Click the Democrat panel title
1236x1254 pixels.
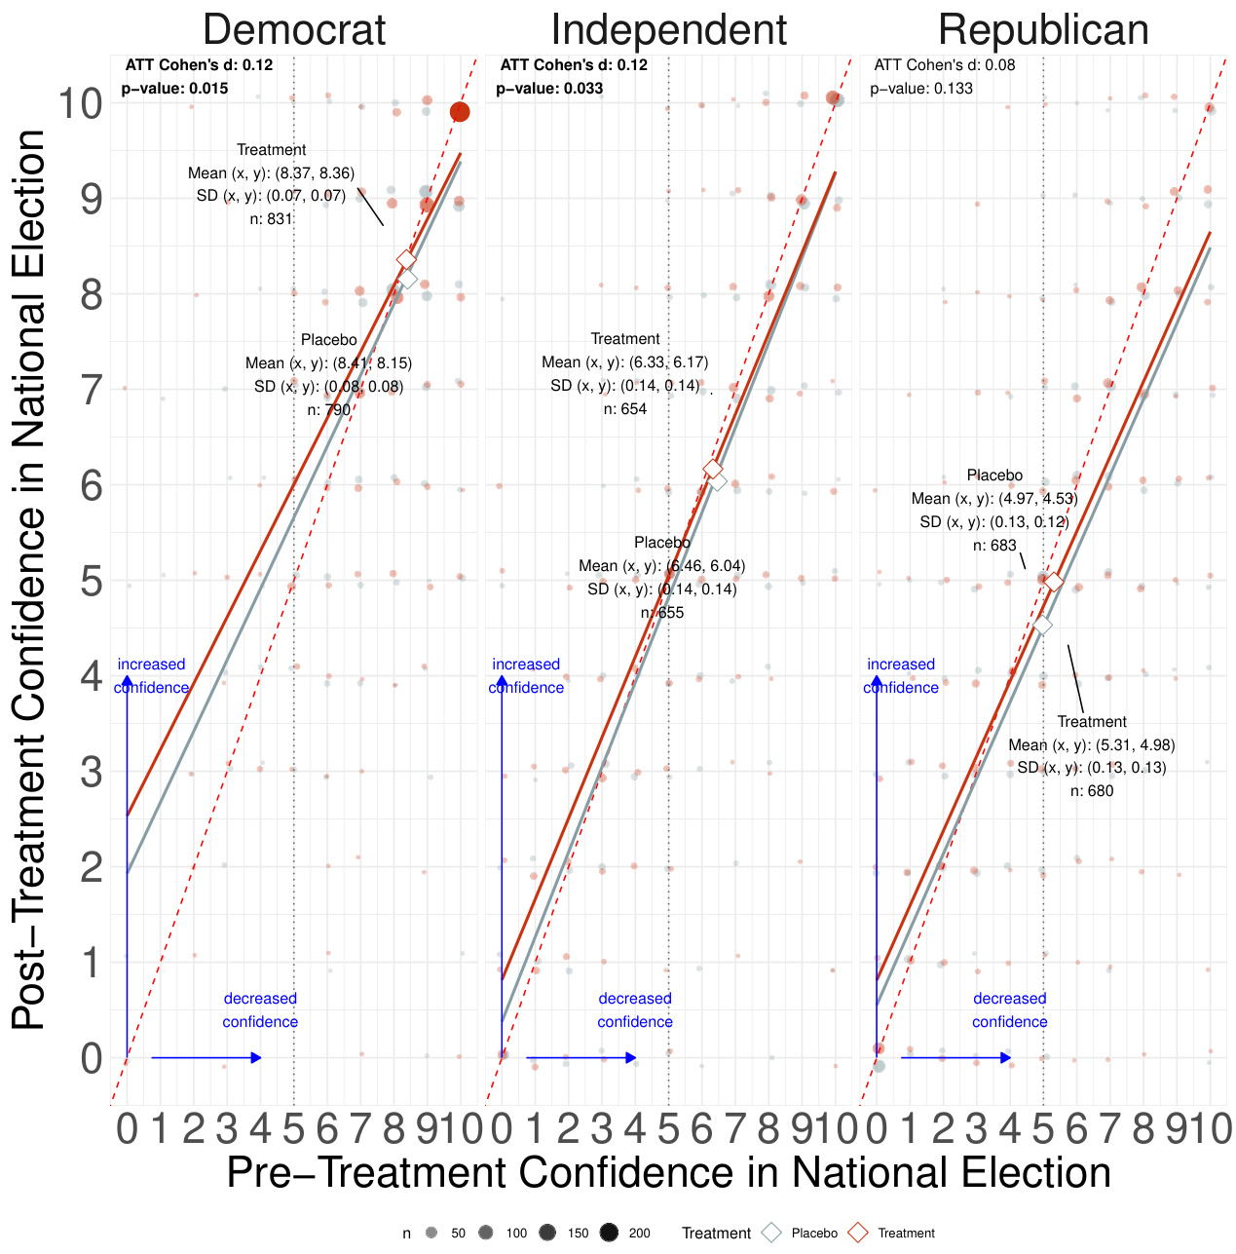294,30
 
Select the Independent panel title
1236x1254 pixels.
668,30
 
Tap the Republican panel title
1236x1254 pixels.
1043,30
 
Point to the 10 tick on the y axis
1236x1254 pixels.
81,103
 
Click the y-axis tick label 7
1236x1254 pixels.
92,390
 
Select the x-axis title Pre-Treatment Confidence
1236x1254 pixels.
668,1172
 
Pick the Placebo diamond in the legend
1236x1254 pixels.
771,1233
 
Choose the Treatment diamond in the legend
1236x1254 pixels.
857,1233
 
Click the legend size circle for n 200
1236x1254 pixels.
610,1233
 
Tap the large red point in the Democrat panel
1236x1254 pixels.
460,112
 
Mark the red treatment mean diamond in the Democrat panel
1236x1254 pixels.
406,260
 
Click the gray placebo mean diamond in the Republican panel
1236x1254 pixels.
1042,626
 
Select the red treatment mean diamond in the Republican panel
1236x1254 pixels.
1053,583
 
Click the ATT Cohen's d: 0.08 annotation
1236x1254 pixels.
944,65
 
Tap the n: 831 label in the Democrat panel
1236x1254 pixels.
271,219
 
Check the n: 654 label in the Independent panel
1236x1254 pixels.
624,409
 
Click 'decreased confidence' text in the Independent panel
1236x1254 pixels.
635,1010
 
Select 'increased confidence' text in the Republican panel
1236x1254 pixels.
901,676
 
